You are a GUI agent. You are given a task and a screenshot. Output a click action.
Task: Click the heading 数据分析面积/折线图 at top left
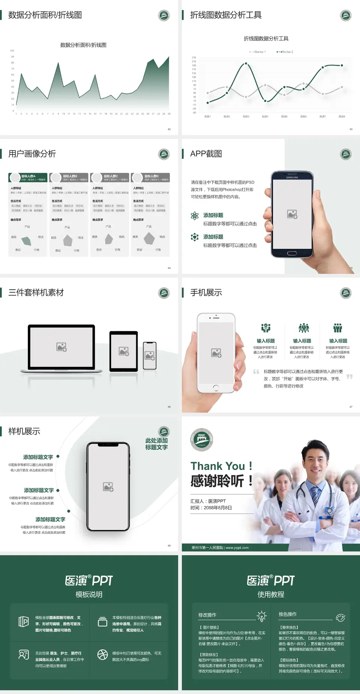(45, 15)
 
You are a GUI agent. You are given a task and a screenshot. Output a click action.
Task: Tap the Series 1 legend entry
(258, 52)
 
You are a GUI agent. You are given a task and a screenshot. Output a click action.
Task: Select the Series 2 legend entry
(285, 52)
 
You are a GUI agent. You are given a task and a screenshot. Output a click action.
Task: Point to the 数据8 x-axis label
(342, 117)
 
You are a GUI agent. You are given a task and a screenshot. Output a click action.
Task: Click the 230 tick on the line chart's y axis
(194, 57)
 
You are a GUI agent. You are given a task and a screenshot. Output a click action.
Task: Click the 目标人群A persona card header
(28, 177)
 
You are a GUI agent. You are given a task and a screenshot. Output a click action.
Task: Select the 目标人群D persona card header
(151, 177)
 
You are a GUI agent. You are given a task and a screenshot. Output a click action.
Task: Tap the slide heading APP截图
(206, 154)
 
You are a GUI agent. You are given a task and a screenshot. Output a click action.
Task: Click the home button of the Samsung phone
(292, 254)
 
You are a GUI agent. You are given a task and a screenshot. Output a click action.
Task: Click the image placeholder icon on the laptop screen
(61, 347)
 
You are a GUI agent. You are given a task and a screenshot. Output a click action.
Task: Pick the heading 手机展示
(206, 293)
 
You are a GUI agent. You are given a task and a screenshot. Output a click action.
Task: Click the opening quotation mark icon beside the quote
(256, 372)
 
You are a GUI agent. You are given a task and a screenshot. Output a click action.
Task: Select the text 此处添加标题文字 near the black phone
(156, 444)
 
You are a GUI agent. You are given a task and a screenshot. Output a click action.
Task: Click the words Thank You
(217, 466)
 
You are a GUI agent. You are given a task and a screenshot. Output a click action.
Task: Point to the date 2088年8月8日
(218, 508)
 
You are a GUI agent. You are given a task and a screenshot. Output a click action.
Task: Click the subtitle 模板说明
(89, 595)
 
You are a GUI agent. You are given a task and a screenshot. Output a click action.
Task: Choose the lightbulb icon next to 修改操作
(261, 616)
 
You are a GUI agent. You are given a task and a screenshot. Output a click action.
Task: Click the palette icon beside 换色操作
(340, 617)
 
